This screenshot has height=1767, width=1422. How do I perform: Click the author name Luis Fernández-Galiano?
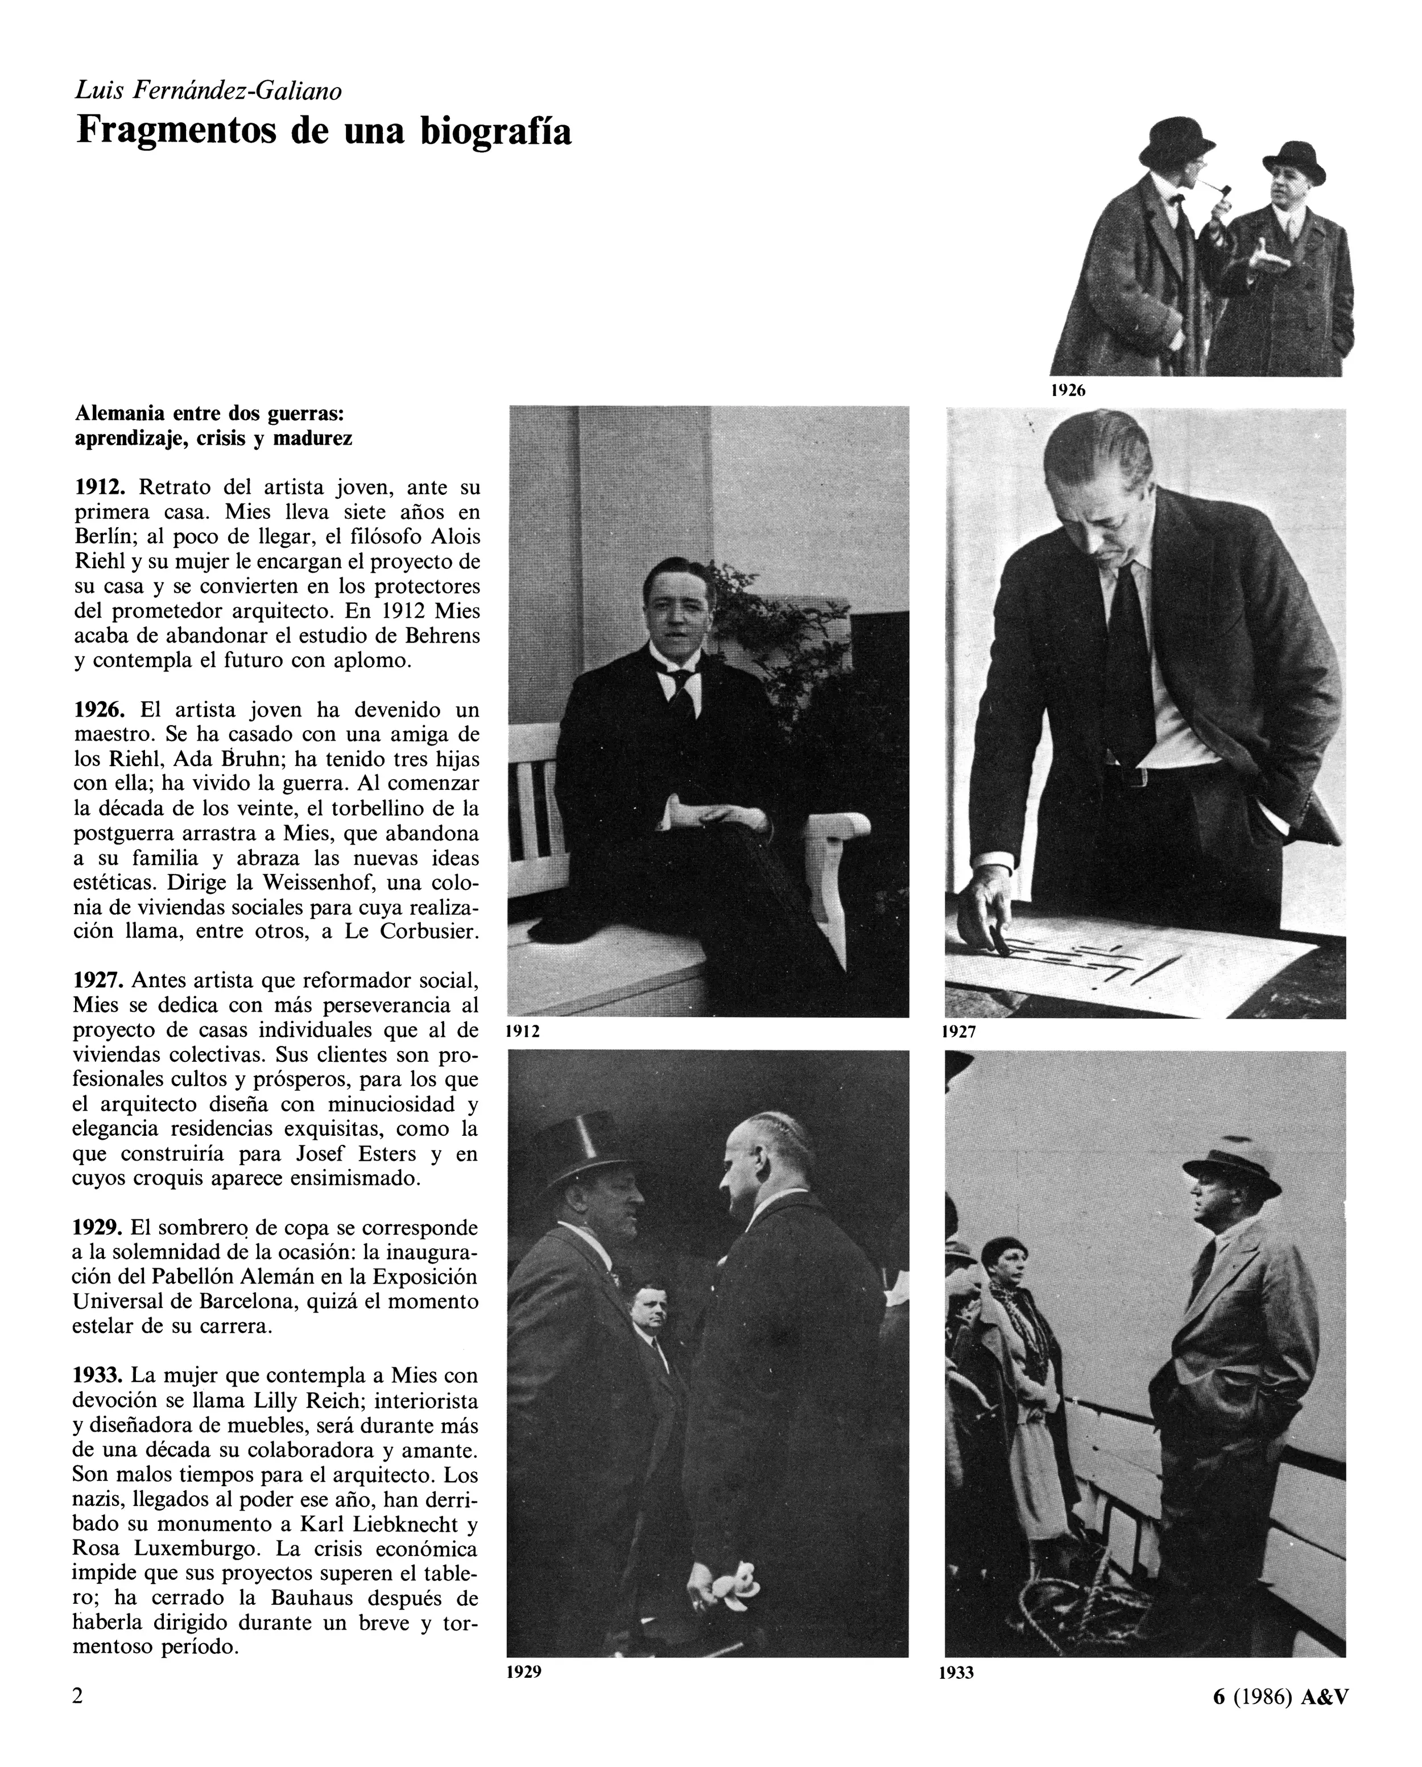click(208, 90)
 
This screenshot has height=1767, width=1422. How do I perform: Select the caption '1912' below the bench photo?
click(522, 1032)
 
